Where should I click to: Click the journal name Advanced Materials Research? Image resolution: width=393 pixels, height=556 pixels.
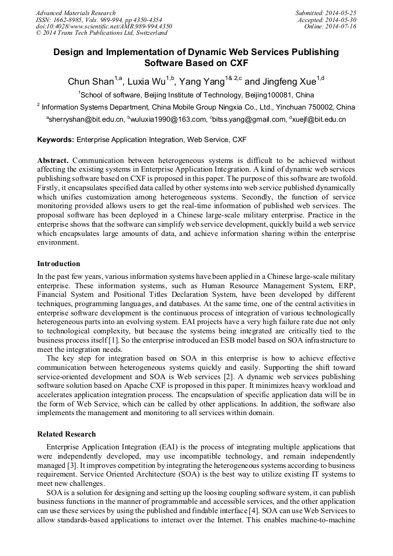[x=75, y=13]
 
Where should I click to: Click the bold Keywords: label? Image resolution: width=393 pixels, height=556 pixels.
[x=56, y=140]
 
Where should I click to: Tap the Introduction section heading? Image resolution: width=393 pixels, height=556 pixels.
[x=59, y=264]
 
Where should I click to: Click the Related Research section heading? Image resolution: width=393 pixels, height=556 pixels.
[x=67, y=434]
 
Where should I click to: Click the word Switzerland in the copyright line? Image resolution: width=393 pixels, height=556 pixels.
[x=148, y=33]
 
